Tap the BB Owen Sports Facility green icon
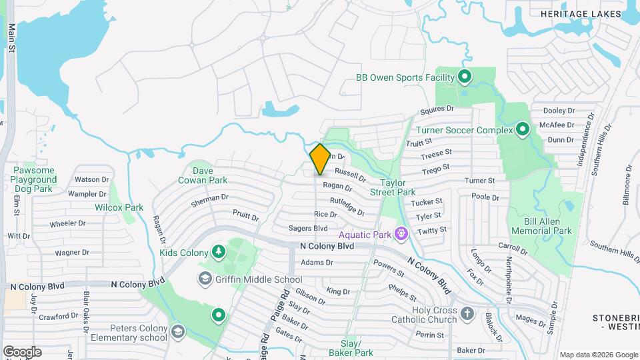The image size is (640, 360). point(465,77)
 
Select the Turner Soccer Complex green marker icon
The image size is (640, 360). point(523,129)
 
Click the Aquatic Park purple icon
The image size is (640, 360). point(401,234)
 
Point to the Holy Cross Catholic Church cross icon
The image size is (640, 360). point(467,313)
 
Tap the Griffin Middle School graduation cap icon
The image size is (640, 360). point(205,279)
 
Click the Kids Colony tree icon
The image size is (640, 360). point(217,251)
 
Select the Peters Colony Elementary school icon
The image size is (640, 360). point(177,331)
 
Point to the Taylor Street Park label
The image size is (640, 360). point(397,187)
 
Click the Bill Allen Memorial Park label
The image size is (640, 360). point(541,226)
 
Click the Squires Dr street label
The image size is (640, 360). point(437,109)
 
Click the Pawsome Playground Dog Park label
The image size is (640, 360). point(35,179)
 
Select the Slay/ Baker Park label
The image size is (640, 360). point(354,347)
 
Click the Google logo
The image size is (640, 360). point(22,351)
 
